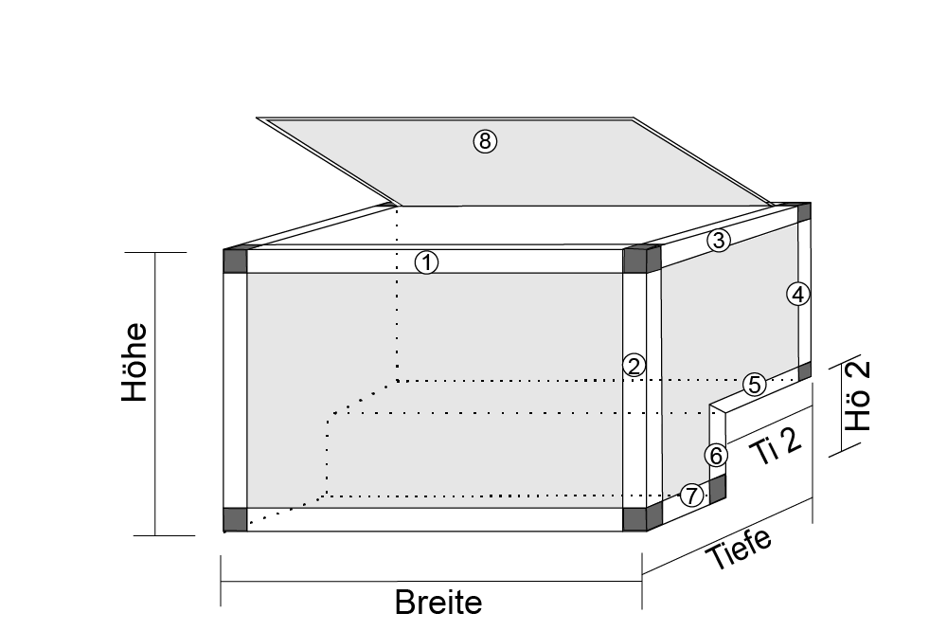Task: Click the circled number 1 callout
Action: tap(427, 262)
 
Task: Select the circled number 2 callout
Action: tap(634, 365)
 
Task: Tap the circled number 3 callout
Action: tap(719, 241)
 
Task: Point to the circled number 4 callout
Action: tap(798, 295)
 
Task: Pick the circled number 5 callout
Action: tap(754, 384)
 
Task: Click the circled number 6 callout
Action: tap(717, 456)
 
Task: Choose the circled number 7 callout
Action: tap(692, 494)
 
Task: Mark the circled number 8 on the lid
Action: tap(485, 142)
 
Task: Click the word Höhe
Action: tap(135, 363)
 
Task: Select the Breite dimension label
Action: tap(438, 602)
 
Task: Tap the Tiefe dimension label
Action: tap(739, 548)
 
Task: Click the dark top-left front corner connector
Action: tap(235, 261)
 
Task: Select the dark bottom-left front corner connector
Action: tap(235, 519)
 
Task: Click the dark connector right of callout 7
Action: tap(718, 488)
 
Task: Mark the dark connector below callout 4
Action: tap(805, 370)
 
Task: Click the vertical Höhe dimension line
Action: tap(155, 394)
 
